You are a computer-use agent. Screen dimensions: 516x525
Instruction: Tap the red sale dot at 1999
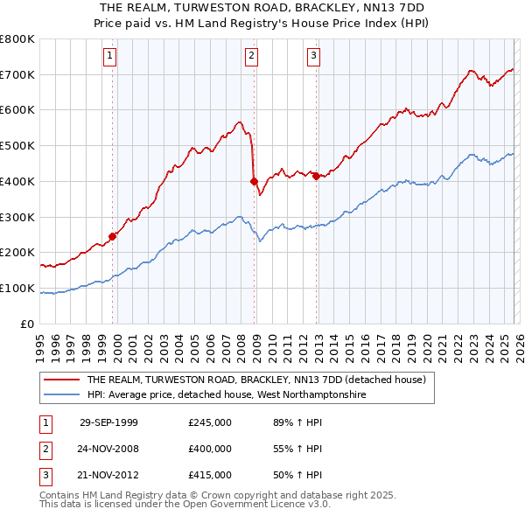[113, 235]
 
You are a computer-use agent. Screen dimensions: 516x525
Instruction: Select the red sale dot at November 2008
[254, 182]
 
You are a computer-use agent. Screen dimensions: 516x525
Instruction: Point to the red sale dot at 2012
[315, 176]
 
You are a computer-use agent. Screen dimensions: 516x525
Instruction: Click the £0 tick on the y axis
[27, 324]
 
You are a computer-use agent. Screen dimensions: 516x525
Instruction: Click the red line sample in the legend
[61, 380]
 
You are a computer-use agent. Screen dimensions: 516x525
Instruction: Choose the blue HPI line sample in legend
[61, 395]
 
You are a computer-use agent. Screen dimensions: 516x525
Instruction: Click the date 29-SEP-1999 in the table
[108, 422]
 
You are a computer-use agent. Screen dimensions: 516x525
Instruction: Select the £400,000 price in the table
[209, 449]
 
